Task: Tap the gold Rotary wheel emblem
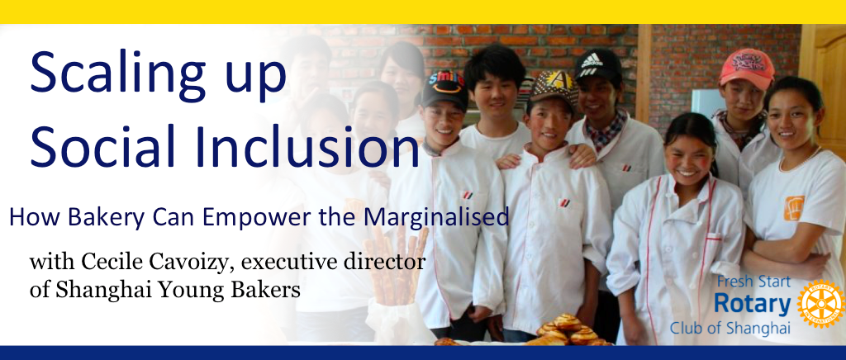[x=820, y=303]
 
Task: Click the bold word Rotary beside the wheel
[x=752, y=304]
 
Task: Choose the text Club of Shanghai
[x=730, y=328]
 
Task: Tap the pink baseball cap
[x=746, y=67]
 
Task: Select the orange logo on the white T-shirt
[x=794, y=208]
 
